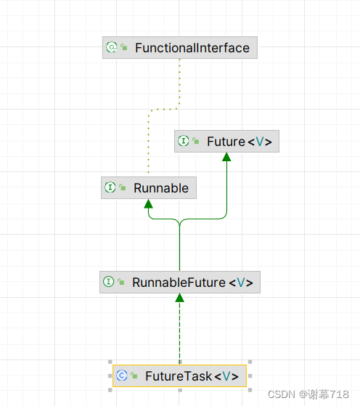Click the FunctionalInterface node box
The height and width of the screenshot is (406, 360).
pyautogui.click(x=180, y=48)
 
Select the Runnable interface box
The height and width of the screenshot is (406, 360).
pyautogui.click(x=149, y=187)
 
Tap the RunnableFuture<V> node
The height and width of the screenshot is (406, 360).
pyautogui.click(x=179, y=282)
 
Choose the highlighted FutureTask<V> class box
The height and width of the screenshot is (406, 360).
pyautogui.click(x=179, y=375)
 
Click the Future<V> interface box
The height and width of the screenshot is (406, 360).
pyautogui.click(x=226, y=142)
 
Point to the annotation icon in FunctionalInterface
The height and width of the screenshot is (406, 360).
pyautogui.click(x=111, y=48)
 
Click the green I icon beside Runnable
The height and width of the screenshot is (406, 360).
pyautogui.click(x=110, y=187)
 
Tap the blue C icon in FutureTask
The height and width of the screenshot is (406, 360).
pyautogui.click(x=121, y=375)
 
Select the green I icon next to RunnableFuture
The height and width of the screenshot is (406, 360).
pyautogui.click(x=108, y=282)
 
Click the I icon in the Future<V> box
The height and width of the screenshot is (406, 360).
pyautogui.click(x=184, y=142)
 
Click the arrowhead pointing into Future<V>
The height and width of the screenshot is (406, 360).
pyautogui.click(x=226, y=157)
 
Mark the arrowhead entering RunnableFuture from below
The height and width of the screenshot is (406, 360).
pyautogui.click(x=179, y=298)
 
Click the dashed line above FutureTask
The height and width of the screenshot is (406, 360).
pyautogui.click(x=179, y=334)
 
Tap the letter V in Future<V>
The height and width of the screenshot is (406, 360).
pyautogui.click(x=258, y=142)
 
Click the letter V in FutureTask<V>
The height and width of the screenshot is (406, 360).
pyautogui.click(x=226, y=375)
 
